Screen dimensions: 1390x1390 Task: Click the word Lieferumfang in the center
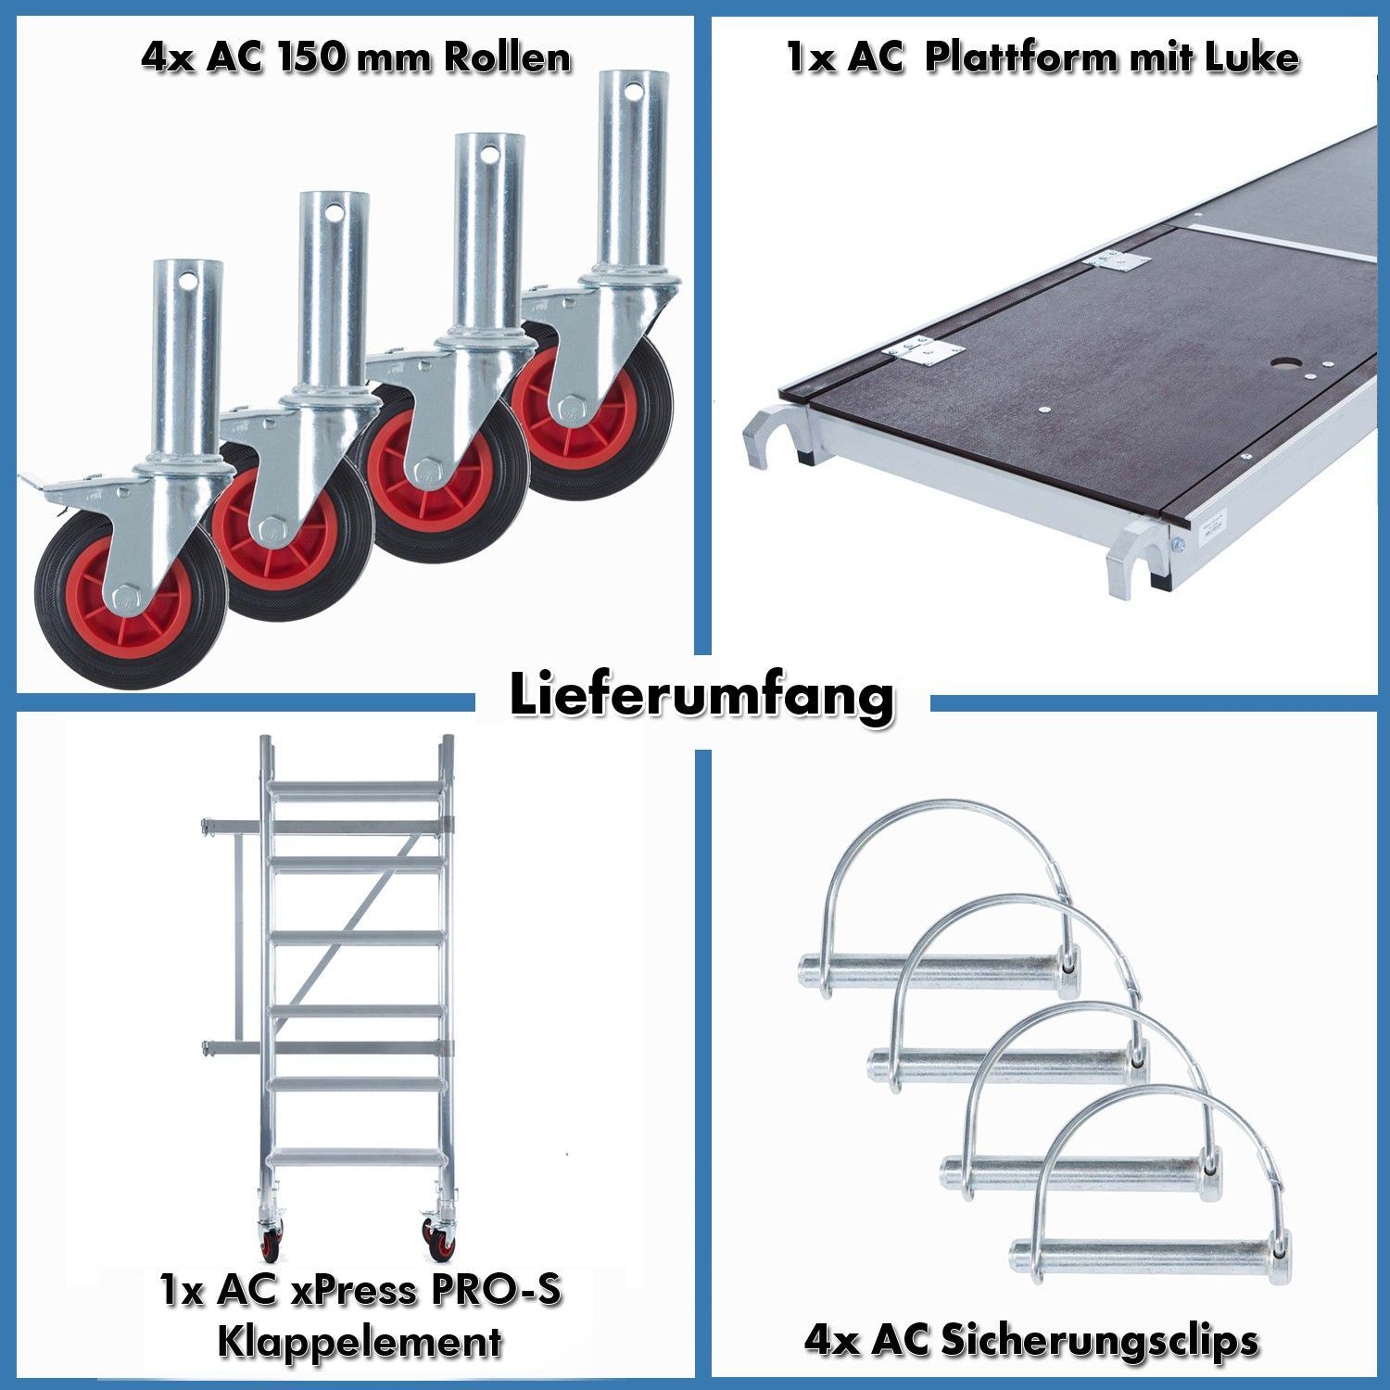[x=701, y=697]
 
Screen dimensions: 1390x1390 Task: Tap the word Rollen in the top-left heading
[x=506, y=57]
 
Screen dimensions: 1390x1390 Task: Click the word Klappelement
[x=360, y=1341]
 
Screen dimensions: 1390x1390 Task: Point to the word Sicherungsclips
[x=1098, y=1341]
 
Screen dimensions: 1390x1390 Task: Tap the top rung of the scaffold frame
[x=356, y=787]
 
